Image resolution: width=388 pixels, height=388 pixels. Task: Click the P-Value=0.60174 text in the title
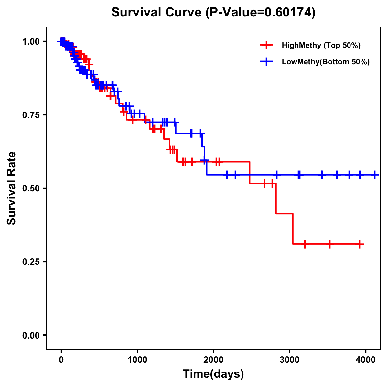coord(261,13)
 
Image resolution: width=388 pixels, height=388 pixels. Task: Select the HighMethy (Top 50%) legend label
coord(321,45)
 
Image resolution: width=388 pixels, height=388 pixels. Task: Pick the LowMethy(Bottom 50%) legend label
coord(326,62)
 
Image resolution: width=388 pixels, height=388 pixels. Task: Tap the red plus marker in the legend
coord(266,45)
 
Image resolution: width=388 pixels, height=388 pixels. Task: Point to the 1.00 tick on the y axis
coord(31,42)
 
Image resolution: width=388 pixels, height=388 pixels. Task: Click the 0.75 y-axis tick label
coord(31,115)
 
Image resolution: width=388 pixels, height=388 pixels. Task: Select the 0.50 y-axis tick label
coord(31,189)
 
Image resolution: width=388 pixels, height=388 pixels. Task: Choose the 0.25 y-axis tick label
coord(31,262)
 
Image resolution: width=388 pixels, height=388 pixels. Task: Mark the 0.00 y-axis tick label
coord(31,335)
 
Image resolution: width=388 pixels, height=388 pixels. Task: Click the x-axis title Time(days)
coord(213,374)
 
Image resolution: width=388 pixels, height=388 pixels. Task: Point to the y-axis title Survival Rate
coord(12,188)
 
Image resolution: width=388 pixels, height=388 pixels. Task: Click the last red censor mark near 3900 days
coord(360,244)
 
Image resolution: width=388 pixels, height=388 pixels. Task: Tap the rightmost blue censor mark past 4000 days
coord(375,175)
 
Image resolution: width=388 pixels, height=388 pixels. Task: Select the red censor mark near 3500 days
coord(329,244)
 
